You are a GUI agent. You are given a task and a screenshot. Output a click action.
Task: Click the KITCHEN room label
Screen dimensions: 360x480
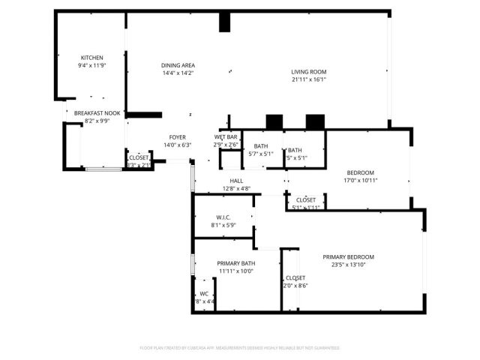tap(91, 58)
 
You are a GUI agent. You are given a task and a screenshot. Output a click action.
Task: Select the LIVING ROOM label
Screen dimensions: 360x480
tap(309, 72)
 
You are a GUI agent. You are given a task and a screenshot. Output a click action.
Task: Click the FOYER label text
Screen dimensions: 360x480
tap(178, 137)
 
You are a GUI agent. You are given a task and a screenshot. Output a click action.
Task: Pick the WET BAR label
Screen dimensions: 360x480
tap(226, 137)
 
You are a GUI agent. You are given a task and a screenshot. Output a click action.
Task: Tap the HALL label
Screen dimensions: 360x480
tap(236, 181)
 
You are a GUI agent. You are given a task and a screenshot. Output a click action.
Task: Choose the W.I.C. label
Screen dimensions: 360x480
tap(222, 217)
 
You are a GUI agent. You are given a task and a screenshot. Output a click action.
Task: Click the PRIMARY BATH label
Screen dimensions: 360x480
tap(236, 263)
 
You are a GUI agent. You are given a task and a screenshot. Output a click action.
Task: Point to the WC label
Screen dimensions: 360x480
tap(203, 294)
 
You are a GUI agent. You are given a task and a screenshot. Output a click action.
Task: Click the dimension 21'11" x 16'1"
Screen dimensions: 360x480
tap(309, 79)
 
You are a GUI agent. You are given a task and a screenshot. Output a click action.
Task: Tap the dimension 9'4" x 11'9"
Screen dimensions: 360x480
tap(91, 65)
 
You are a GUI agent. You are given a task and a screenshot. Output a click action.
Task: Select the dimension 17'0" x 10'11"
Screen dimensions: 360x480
tap(360, 181)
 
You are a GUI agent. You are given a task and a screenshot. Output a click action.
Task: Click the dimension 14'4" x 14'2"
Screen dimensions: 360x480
tap(178, 73)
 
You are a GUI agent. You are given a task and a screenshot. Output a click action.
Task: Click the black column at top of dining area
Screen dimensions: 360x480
tap(224, 22)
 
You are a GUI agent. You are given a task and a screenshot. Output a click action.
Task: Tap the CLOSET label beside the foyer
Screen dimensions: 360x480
tap(139, 157)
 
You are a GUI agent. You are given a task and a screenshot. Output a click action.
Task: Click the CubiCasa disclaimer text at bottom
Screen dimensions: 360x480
tap(240, 348)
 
